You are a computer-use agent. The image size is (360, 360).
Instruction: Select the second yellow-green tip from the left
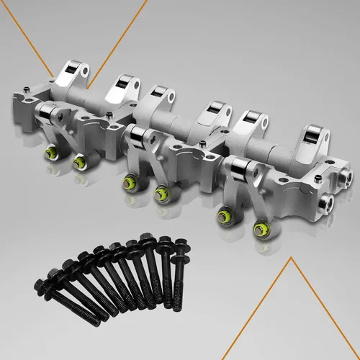[x=78, y=164]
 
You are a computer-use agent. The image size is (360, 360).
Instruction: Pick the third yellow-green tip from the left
[x=130, y=182]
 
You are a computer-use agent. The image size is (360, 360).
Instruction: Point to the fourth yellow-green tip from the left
[x=161, y=192]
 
